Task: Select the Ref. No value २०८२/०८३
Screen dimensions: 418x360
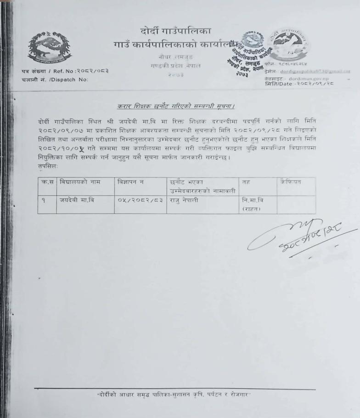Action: [x=92, y=71]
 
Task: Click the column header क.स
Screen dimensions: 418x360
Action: [x=46, y=182]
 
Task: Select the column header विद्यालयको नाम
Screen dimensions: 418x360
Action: [x=79, y=182]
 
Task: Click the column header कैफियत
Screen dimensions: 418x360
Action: [x=292, y=182]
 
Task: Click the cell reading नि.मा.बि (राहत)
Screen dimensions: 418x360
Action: [x=253, y=204]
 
